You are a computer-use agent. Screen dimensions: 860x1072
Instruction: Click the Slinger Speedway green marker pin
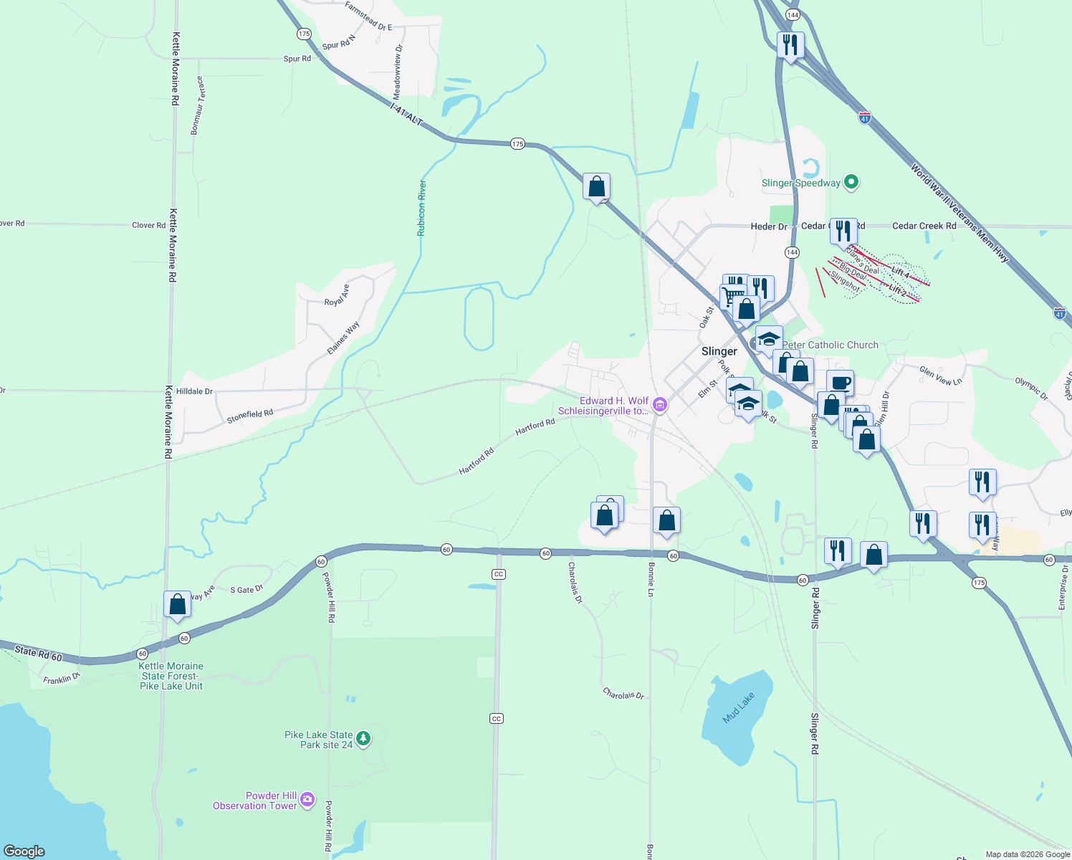(x=851, y=182)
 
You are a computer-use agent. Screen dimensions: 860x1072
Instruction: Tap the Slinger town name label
(x=719, y=351)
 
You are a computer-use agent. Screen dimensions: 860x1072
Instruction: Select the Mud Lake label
(x=739, y=707)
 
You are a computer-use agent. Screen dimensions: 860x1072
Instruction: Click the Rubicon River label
(x=422, y=209)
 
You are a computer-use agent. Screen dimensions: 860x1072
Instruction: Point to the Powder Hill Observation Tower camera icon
(x=307, y=799)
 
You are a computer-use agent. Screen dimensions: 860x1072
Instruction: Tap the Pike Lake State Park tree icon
(x=363, y=738)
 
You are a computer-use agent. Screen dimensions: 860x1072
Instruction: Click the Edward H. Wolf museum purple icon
(x=660, y=406)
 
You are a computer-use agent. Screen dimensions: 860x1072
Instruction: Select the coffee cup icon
(x=840, y=383)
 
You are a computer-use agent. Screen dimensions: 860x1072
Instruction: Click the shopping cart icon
(x=732, y=296)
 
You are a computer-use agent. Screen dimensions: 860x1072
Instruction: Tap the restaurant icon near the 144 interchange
(x=790, y=45)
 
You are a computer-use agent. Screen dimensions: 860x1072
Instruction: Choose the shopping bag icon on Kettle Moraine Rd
(x=177, y=605)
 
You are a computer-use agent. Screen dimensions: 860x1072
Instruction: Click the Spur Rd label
(x=297, y=59)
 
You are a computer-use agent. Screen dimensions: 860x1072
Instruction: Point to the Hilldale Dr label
(x=194, y=392)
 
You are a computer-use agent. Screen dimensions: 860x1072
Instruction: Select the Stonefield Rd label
(x=250, y=416)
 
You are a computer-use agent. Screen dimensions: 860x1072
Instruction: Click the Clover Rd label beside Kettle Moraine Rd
(x=148, y=225)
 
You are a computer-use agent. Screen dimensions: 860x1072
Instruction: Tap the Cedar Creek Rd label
(x=924, y=226)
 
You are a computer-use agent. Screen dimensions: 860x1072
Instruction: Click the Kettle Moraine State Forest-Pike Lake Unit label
(x=171, y=676)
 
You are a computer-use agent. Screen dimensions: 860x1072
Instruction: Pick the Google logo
(x=24, y=851)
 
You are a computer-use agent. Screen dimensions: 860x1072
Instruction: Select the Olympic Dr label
(x=1031, y=388)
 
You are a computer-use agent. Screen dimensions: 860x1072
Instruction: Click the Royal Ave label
(x=337, y=295)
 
